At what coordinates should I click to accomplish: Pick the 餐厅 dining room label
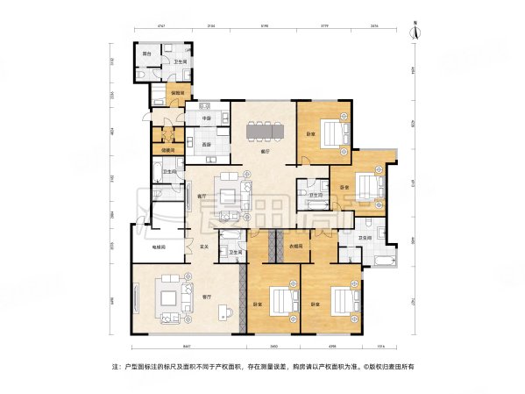(265, 151)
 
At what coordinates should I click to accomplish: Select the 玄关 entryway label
(205, 247)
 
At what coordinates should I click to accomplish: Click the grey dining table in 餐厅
(265, 131)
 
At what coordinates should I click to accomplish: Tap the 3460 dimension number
(273, 345)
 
